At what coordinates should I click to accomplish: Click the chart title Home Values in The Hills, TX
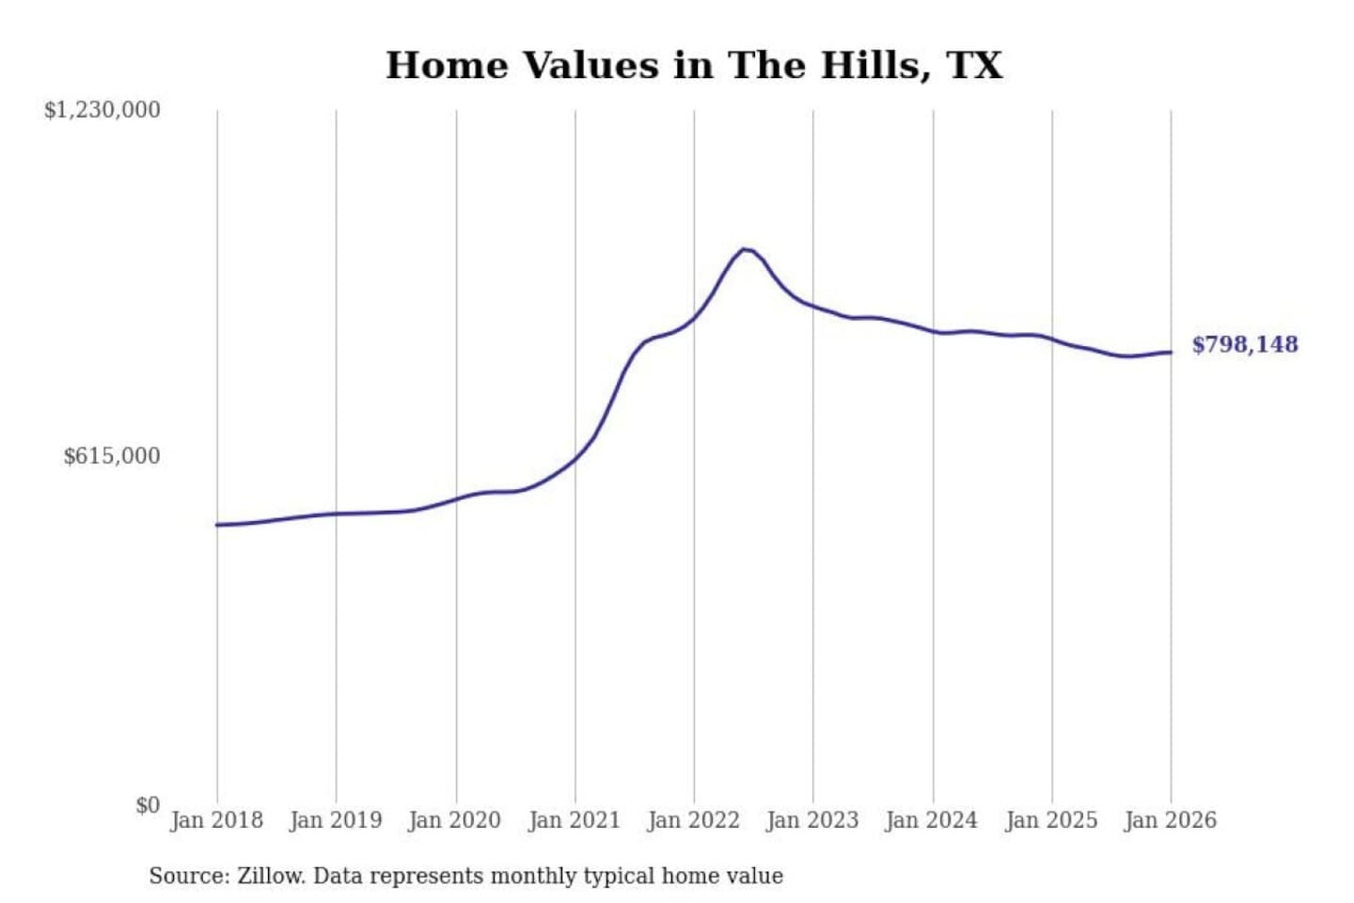pyautogui.click(x=694, y=65)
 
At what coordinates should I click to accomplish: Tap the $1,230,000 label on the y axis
pyautogui.click(x=102, y=110)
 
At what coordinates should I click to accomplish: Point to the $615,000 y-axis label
pyautogui.click(x=111, y=456)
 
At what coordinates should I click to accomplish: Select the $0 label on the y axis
pyautogui.click(x=148, y=805)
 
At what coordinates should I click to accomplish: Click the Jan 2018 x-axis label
pyautogui.click(x=216, y=820)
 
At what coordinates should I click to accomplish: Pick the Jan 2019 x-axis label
pyautogui.click(x=336, y=820)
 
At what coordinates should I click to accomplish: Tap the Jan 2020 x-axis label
pyautogui.click(x=455, y=820)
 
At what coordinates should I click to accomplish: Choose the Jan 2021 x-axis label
pyautogui.click(x=575, y=820)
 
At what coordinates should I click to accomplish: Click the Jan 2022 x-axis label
pyautogui.click(x=694, y=820)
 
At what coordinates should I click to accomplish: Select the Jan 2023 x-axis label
pyautogui.click(x=812, y=820)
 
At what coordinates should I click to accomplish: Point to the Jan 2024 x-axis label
pyautogui.click(x=932, y=820)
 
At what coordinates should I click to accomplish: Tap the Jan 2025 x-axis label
pyautogui.click(x=1051, y=820)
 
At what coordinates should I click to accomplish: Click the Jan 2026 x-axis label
pyautogui.click(x=1171, y=820)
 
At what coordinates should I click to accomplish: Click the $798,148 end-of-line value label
pyautogui.click(x=1245, y=344)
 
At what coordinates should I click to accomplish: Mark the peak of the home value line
pyautogui.click(x=745, y=249)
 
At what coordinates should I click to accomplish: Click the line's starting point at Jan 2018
pyautogui.click(x=217, y=525)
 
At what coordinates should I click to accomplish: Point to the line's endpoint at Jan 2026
pyautogui.click(x=1171, y=353)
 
